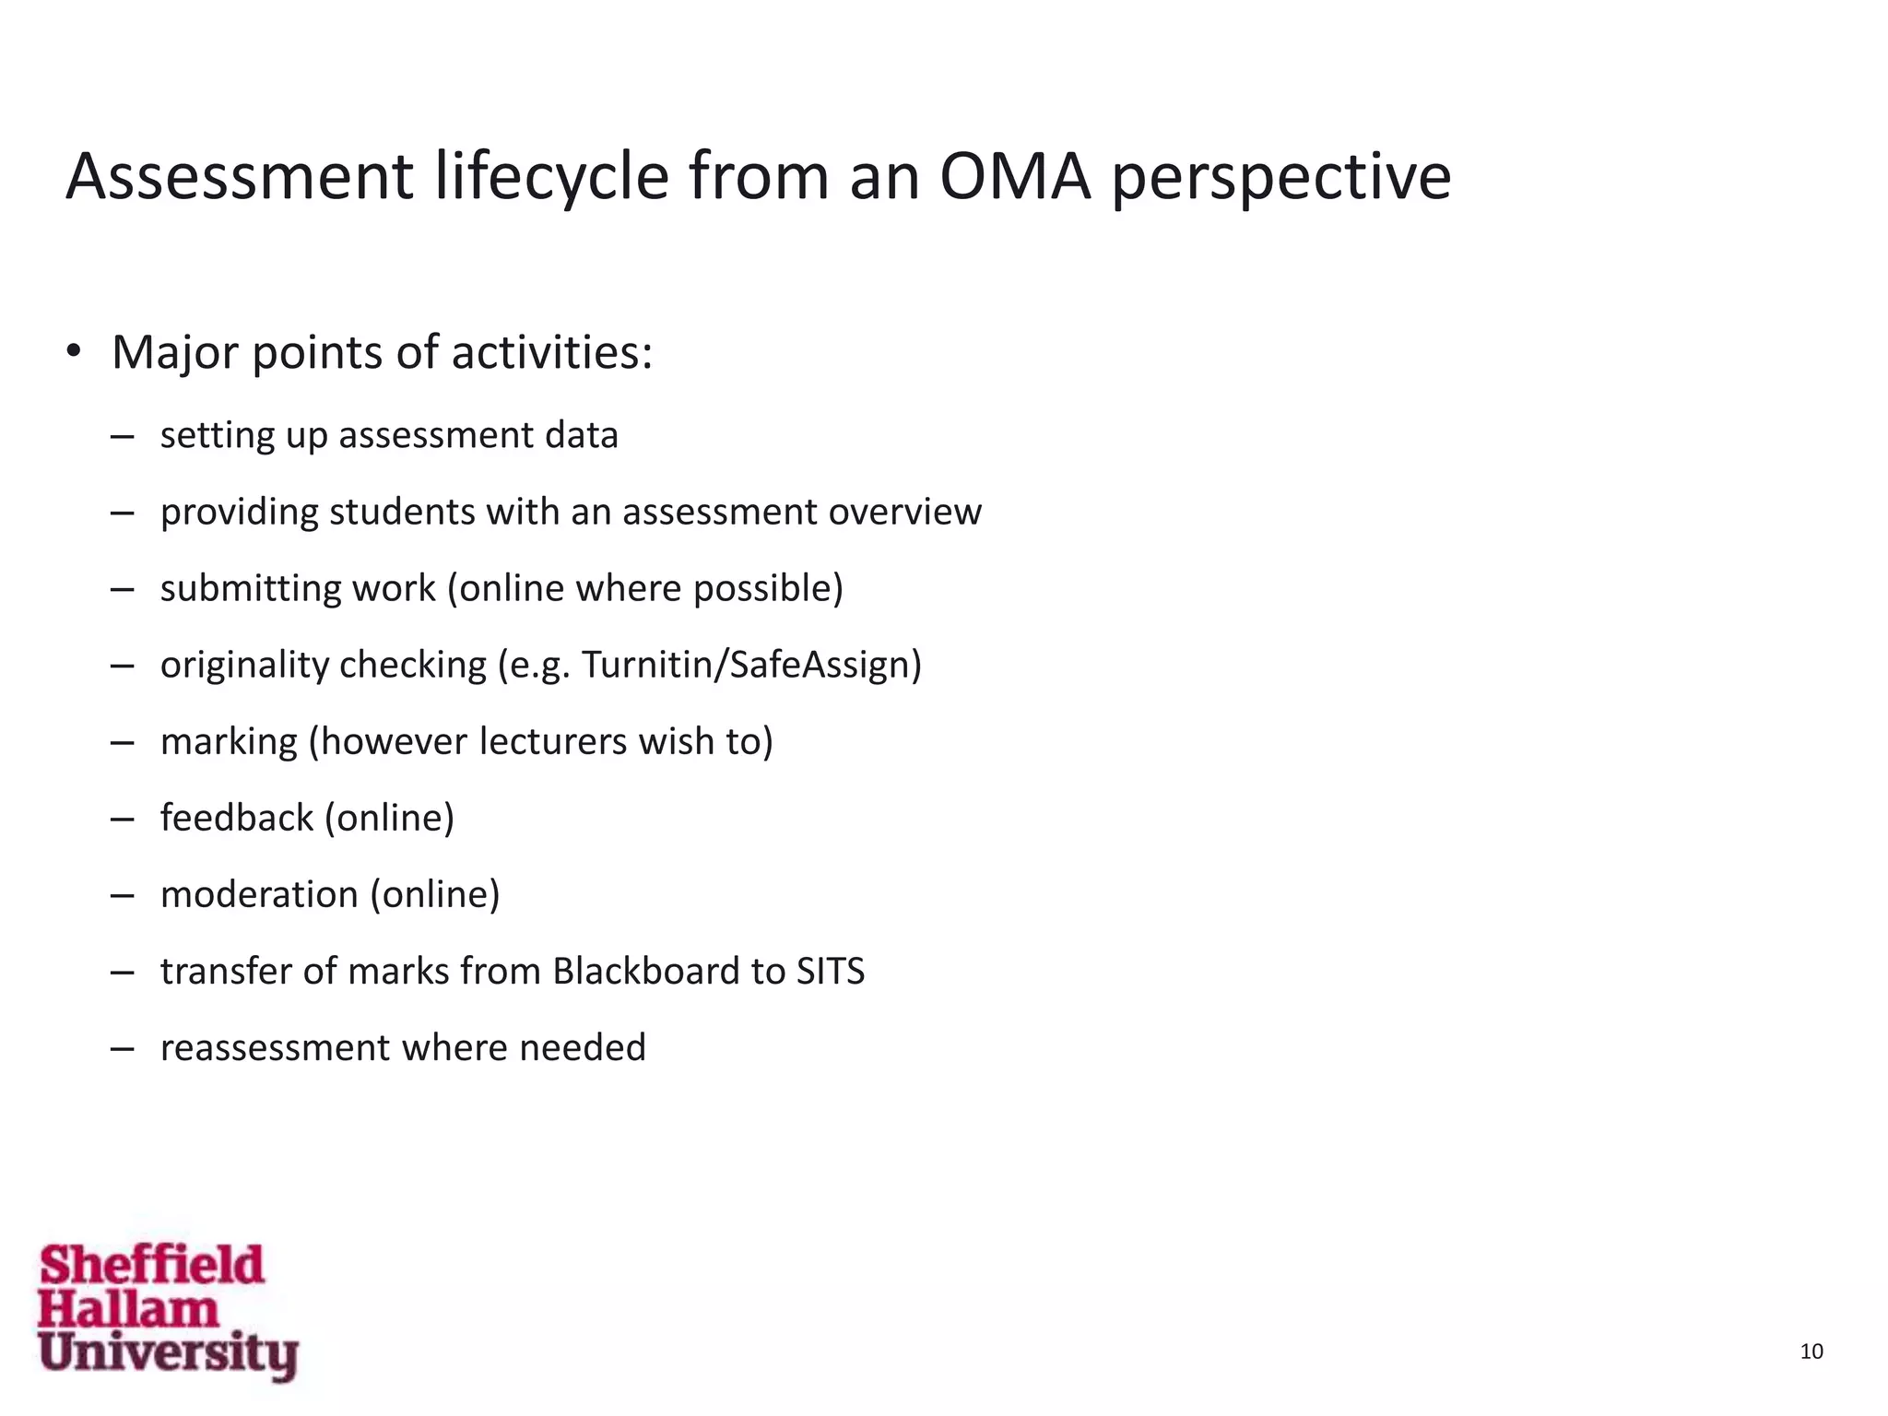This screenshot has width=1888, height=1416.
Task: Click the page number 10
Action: (1811, 1351)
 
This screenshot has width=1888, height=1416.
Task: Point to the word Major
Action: (174, 353)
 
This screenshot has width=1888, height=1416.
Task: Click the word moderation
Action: (259, 894)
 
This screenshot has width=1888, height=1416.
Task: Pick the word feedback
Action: (237, 818)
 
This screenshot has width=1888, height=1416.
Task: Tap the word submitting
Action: (245, 588)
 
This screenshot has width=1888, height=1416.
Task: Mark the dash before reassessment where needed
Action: (122, 1048)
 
